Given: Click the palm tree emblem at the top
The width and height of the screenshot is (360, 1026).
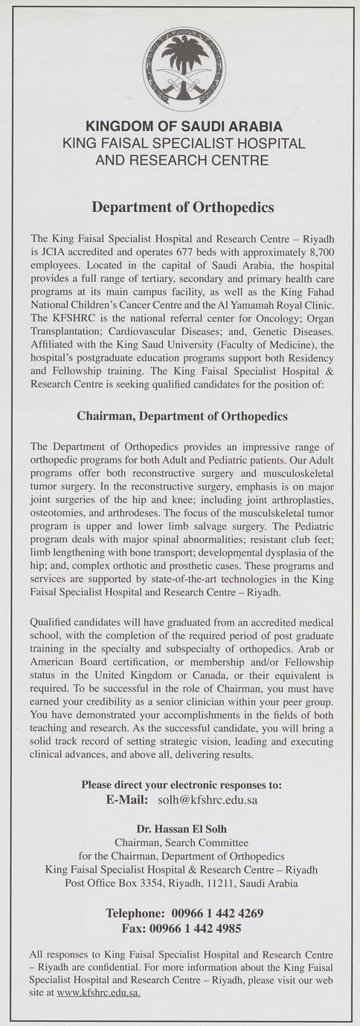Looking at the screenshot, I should tap(184, 68).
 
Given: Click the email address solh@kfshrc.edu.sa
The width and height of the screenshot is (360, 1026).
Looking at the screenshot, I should tap(208, 801).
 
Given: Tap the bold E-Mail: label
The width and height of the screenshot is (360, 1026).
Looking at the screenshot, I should tap(129, 801).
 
